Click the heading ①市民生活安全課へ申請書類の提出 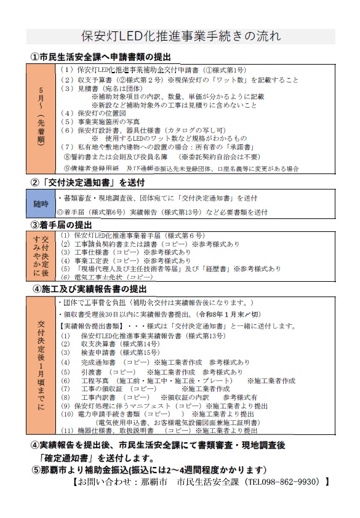(x=101, y=57)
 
